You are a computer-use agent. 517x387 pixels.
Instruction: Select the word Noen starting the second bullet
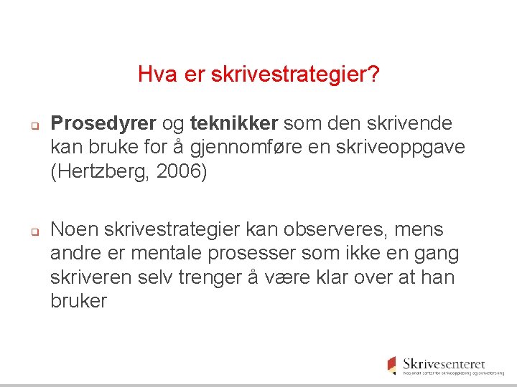click(x=75, y=230)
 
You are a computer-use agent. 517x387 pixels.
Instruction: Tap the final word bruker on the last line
click(x=78, y=301)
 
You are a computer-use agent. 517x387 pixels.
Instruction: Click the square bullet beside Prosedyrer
click(x=33, y=125)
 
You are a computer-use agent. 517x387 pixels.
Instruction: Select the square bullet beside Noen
click(x=33, y=231)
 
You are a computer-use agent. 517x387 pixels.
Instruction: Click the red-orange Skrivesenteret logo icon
click(x=391, y=364)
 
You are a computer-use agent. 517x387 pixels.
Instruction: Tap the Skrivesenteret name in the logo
click(x=444, y=364)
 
